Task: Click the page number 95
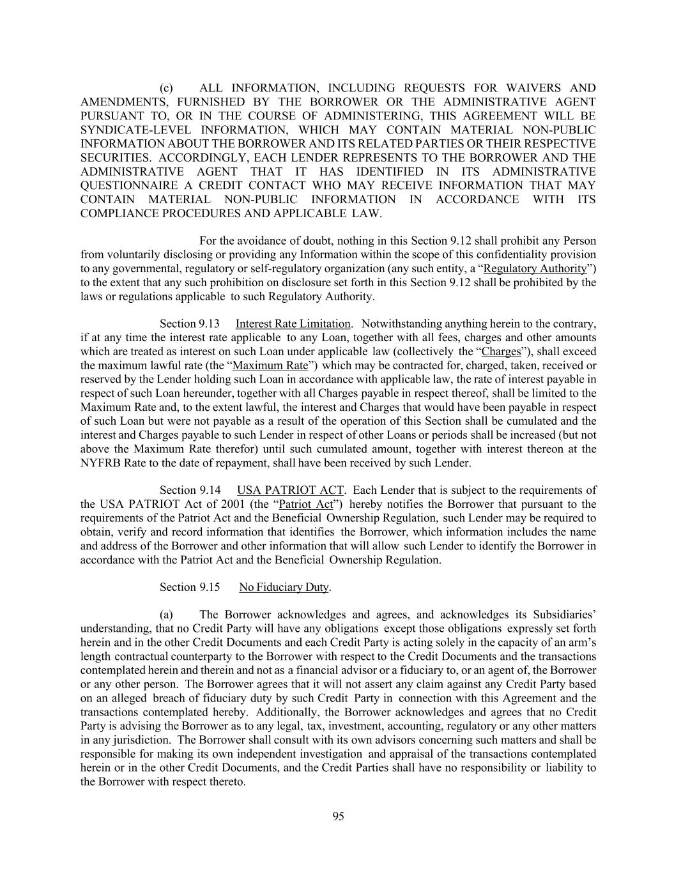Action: coord(338,816)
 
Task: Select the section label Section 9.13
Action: coord(189,324)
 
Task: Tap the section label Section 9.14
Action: coord(190,491)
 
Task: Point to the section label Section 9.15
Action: coord(190,587)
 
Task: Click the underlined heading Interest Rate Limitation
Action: coord(293,324)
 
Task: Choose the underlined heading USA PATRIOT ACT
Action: coord(291,491)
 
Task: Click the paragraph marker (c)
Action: coord(166,88)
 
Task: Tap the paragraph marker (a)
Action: coord(166,615)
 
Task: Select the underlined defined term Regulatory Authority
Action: coord(535,269)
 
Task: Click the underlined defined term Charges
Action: coord(501,352)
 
